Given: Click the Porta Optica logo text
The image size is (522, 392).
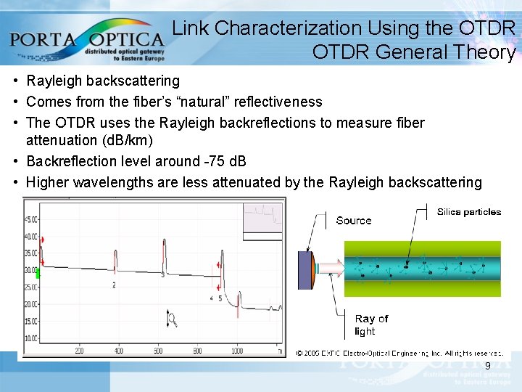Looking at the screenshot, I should pyautogui.click(x=87, y=37).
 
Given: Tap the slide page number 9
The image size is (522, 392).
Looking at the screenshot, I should pyautogui.click(x=488, y=365).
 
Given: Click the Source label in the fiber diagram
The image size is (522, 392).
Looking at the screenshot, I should pyautogui.click(x=354, y=221).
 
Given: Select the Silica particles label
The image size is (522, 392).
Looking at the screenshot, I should pyautogui.click(x=469, y=212).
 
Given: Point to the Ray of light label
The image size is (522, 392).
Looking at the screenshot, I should pyautogui.click(x=371, y=325).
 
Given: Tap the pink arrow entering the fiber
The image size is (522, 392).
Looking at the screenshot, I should pyautogui.click(x=330, y=269).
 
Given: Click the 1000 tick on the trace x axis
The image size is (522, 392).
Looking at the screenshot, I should pyautogui.click(x=237, y=351).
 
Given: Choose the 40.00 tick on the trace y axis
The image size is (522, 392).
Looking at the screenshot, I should pyautogui.click(x=31, y=237).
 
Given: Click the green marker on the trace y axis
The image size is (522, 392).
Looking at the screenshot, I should pyautogui.click(x=38, y=274).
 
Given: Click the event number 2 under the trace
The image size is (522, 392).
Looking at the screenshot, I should pyautogui.click(x=114, y=285).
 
